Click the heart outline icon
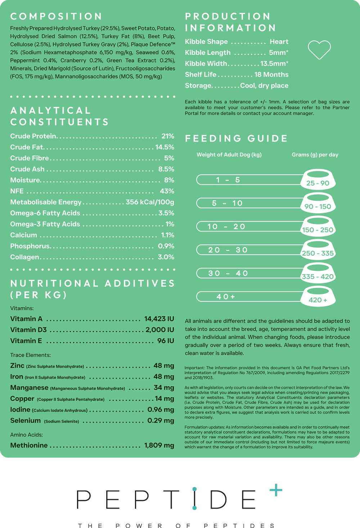click(x=319, y=50)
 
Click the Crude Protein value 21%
click(x=168, y=136)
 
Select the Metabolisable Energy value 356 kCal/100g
click(x=150, y=202)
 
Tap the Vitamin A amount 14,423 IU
click(x=159, y=319)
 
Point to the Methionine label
click(x=29, y=446)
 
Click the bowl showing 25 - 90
click(x=318, y=179)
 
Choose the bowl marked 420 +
click(x=318, y=296)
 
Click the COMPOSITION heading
click(x=57, y=17)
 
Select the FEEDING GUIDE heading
click(x=237, y=139)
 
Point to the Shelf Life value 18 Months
click(x=271, y=75)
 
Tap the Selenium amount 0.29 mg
click(x=161, y=421)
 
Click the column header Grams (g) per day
click(x=315, y=155)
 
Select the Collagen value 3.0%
click(x=166, y=257)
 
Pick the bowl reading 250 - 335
click(x=318, y=250)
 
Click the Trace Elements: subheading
click(x=30, y=355)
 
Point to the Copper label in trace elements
click(x=22, y=399)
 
